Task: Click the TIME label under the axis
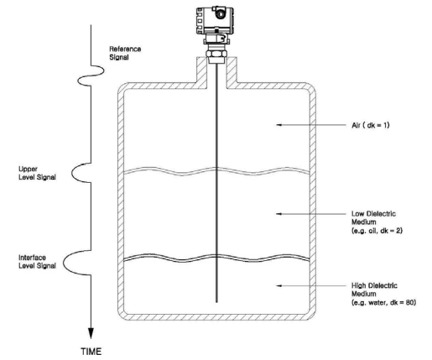91,352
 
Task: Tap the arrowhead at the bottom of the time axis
91,333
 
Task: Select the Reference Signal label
125,53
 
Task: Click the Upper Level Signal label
37,173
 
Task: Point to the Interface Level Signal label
37,262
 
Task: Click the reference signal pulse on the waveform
91,76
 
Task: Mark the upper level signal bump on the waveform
81,173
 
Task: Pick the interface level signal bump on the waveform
77,263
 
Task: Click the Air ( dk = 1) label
370,125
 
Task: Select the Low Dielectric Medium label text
373,218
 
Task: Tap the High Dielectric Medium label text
374,290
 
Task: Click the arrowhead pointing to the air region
278,125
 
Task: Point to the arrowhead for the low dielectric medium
278,214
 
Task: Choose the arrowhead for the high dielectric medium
278,285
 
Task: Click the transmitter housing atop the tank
215,20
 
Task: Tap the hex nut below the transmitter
216,54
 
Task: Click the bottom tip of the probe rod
216,302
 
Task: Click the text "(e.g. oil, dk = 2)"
377,231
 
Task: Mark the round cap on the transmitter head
221,13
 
